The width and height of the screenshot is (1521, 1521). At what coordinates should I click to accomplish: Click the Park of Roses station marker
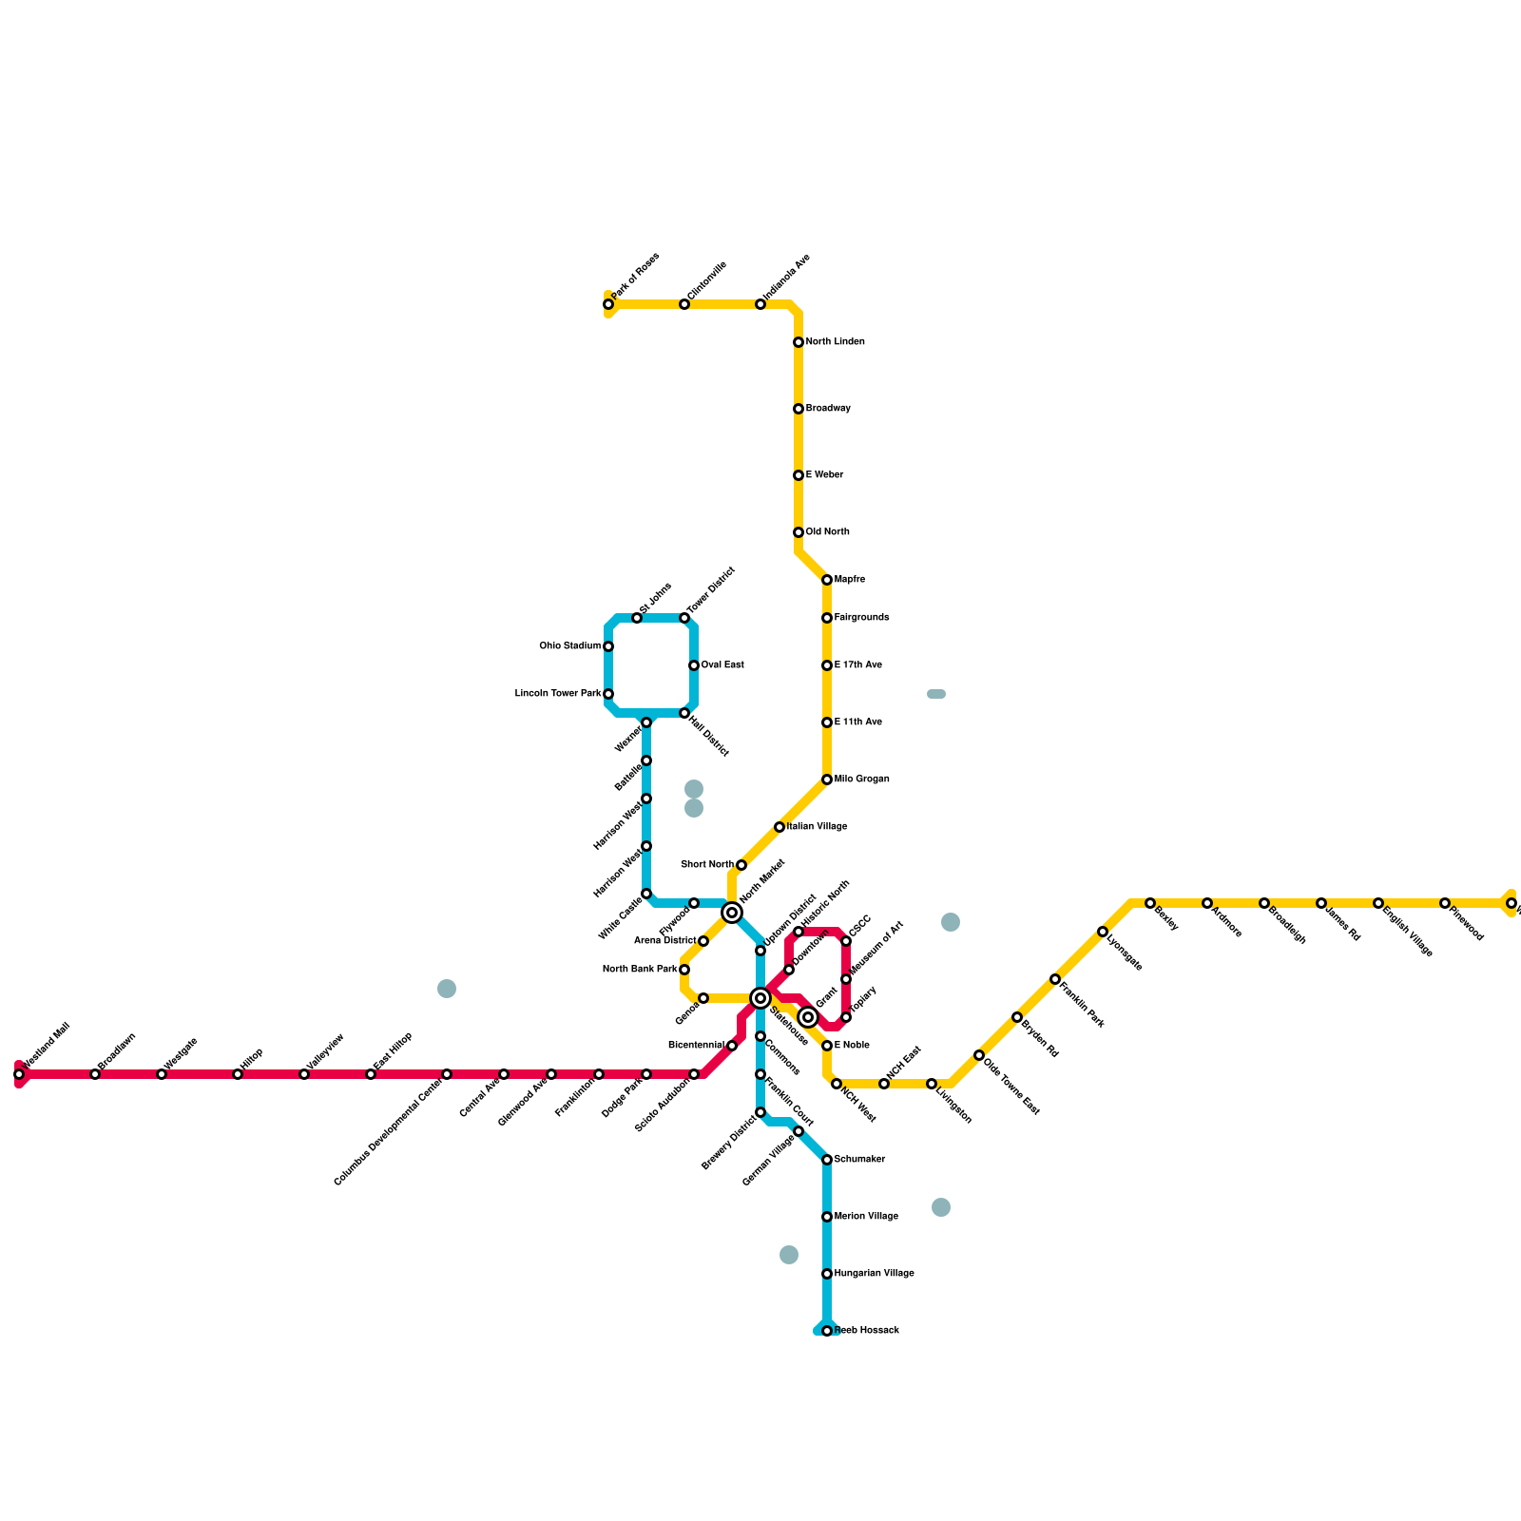pos(608,304)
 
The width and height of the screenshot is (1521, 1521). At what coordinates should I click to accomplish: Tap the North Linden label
pos(835,342)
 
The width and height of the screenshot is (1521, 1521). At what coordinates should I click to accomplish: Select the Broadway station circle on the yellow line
pos(799,409)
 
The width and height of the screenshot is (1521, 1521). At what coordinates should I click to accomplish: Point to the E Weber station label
pos(824,475)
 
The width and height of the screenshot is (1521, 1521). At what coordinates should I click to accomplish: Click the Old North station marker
pos(799,532)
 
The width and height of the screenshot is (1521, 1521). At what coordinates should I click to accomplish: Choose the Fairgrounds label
pos(861,618)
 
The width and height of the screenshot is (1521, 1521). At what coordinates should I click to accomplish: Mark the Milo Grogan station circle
pos(827,780)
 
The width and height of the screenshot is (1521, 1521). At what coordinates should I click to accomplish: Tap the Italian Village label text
pos(817,827)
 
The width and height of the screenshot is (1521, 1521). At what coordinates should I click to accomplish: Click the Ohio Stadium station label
pos(569,646)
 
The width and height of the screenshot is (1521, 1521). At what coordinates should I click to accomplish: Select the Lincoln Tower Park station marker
pos(608,694)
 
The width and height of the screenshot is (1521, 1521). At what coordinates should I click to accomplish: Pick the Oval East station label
pos(722,665)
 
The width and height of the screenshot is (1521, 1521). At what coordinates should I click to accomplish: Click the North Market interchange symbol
pos(732,913)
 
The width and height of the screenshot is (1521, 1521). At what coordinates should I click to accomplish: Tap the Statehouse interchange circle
pos(760,998)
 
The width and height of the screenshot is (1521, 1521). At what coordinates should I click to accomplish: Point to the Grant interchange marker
pos(808,1017)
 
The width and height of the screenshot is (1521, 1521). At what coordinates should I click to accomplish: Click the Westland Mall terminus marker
pos(19,1074)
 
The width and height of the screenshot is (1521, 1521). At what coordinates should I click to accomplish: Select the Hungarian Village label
pos(874,1274)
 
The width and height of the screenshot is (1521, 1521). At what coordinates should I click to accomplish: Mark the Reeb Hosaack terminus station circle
pos(827,1331)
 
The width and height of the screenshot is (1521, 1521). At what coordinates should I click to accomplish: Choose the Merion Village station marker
pos(827,1217)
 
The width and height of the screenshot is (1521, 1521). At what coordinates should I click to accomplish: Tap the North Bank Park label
pos(640,970)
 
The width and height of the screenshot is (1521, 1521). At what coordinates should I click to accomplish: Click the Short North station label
pos(707,865)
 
